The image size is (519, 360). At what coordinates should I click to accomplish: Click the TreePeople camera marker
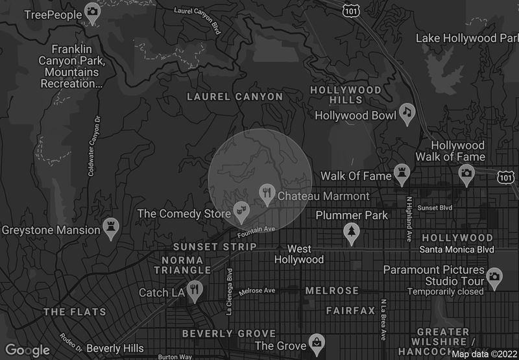pyautogui.click(x=92, y=13)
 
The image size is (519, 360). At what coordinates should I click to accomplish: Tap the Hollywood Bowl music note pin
pyautogui.click(x=407, y=113)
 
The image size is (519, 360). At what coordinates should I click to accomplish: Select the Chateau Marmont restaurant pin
pyautogui.click(x=267, y=193)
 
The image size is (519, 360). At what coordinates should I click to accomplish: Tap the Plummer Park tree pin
pyautogui.click(x=352, y=232)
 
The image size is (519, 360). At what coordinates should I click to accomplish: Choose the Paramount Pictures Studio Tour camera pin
pyautogui.click(x=494, y=276)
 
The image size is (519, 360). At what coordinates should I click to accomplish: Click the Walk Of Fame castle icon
pyautogui.click(x=403, y=174)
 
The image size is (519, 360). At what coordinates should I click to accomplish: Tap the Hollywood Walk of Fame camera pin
pyautogui.click(x=466, y=174)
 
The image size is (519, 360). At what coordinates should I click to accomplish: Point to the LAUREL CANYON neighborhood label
pyautogui.click(x=235, y=97)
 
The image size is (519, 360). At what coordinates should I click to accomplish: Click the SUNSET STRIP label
pyautogui.click(x=215, y=247)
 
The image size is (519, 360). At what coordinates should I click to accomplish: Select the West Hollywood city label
pyautogui.click(x=299, y=254)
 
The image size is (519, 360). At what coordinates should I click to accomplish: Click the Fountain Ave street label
pyautogui.click(x=257, y=231)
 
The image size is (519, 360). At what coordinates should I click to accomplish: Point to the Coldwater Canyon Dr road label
pyautogui.click(x=95, y=146)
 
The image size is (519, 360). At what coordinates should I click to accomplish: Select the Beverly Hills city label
pyautogui.click(x=115, y=348)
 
